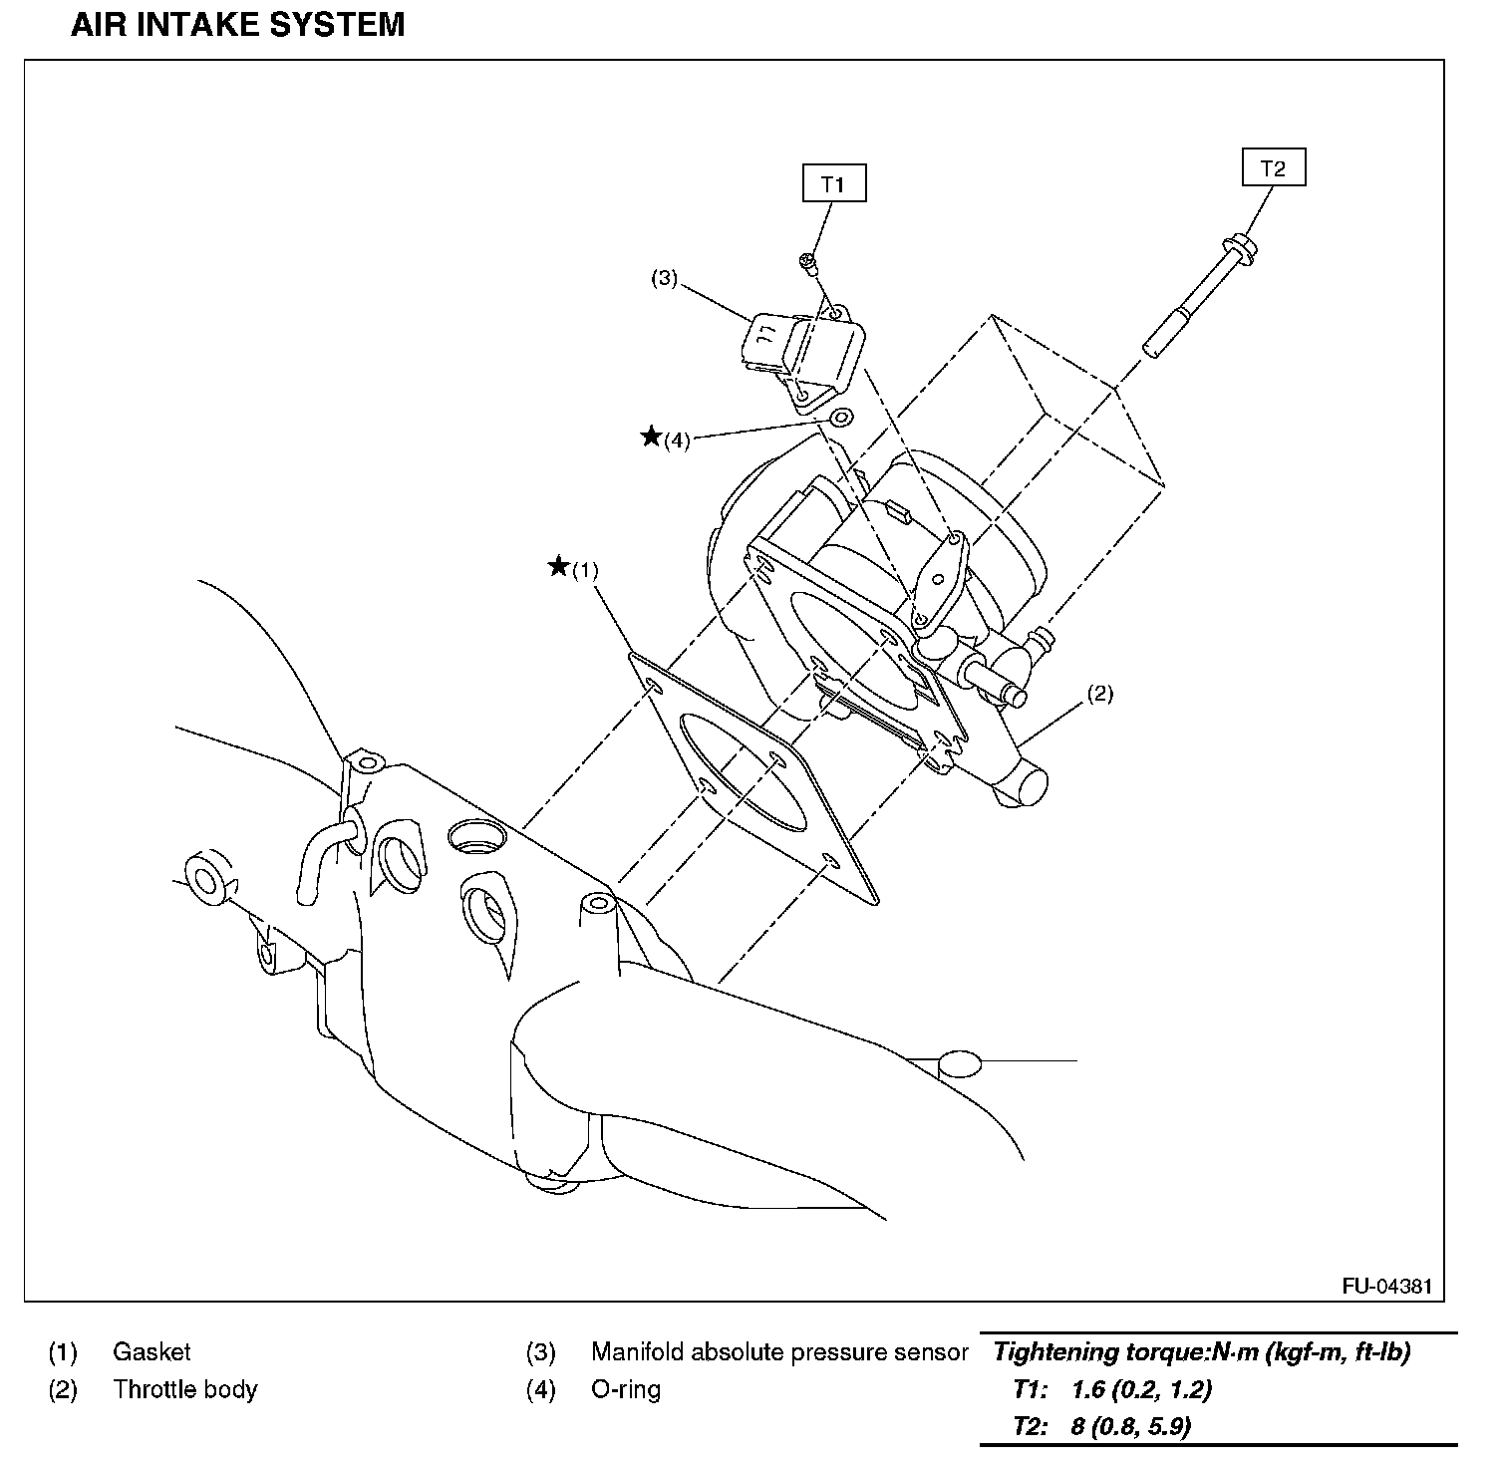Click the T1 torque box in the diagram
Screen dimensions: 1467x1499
[833, 184]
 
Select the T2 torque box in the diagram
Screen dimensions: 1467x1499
[1273, 168]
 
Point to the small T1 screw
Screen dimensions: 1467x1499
[808, 263]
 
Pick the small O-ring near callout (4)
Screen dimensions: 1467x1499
[840, 417]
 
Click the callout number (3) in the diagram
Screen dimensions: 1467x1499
[664, 279]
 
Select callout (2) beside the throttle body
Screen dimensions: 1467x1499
[1098, 694]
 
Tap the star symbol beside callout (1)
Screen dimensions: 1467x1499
[559, 567]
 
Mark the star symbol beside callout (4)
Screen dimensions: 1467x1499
[651, 436]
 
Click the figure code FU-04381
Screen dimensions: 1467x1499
[1386, 1286]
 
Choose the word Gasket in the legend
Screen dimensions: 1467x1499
[151, 1352]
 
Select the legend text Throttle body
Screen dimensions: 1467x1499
[184, 1389]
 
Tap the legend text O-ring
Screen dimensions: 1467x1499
[626, 1389]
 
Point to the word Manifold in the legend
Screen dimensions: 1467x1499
[636, 1352]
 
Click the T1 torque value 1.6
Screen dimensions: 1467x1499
[1087, 1389]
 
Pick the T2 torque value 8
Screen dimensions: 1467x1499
[1077, 1426]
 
